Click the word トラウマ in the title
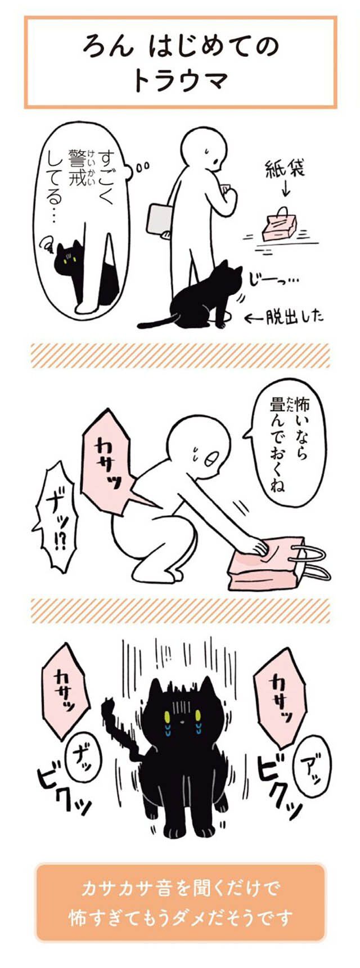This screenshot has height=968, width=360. [180, 80]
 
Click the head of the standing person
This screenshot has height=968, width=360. [204, 148]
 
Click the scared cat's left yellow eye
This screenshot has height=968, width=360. [166, 717]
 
